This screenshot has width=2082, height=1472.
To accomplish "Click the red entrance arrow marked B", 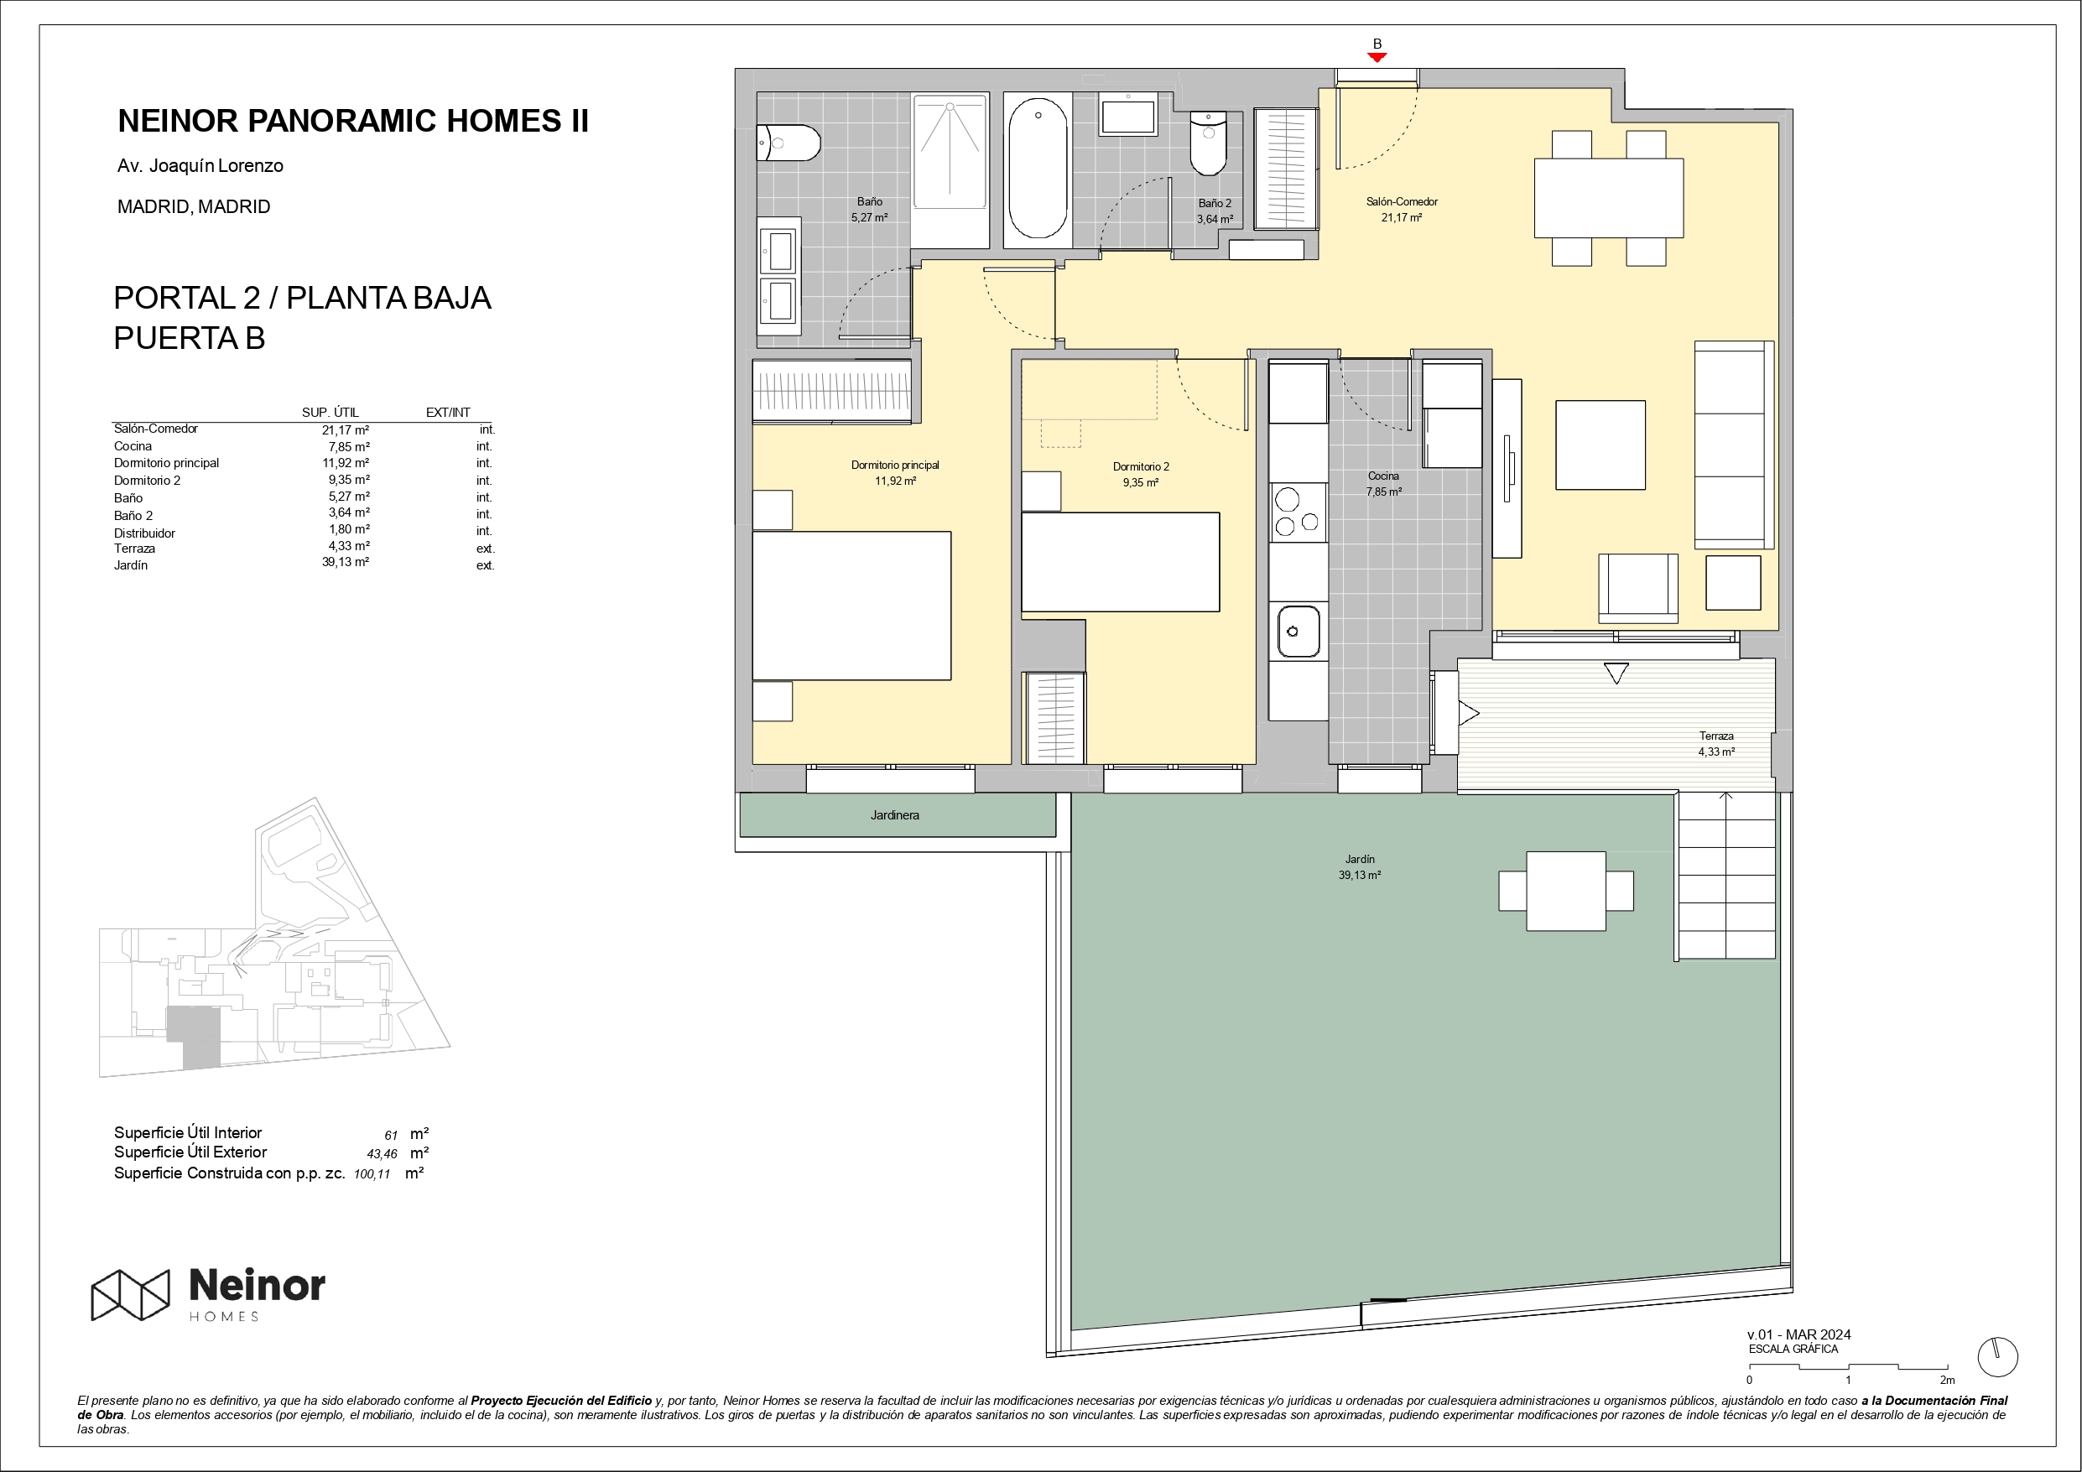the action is pyautogui.click(x=1377, y=57).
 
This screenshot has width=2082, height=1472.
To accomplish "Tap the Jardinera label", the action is pyautogui.click(x=894, y=815).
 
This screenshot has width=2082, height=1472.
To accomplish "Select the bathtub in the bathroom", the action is pyautogui.click(x=1038, y=169).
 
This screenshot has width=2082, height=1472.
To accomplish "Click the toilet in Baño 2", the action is pyautogui.click(x=1208, y=143).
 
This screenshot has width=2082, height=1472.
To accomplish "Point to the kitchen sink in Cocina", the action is pyautogui.click(x=1299, y=632).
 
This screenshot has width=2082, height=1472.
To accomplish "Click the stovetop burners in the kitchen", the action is pyautogui.click(x=1298, y=512).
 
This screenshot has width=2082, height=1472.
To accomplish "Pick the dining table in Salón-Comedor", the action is pyautogui.click(x=1609, y=199).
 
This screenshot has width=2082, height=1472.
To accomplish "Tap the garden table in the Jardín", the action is pyautogui.click(x=1566, y=891).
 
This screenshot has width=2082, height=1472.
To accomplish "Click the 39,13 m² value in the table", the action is pyautogui.click(x=346, y=562).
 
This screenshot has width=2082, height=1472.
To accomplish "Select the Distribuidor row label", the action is pyautogui.click(x=144, y=533).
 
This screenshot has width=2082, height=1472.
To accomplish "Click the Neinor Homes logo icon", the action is pyautogui.click(x=131, y=1294).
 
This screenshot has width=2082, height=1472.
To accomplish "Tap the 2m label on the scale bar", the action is pyautogui.click(x=1947, y=1381).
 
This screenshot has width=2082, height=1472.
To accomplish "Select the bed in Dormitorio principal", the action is pyautogui.click(x=851, y=606).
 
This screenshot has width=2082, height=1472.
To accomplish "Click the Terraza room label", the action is pyautogui.click(x=1716, y=736).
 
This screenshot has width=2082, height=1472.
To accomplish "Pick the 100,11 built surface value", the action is pyautogui.click(x=372, y=1173).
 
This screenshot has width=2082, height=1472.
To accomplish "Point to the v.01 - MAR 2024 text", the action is pyautogui.click(x=1799, y=1334).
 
